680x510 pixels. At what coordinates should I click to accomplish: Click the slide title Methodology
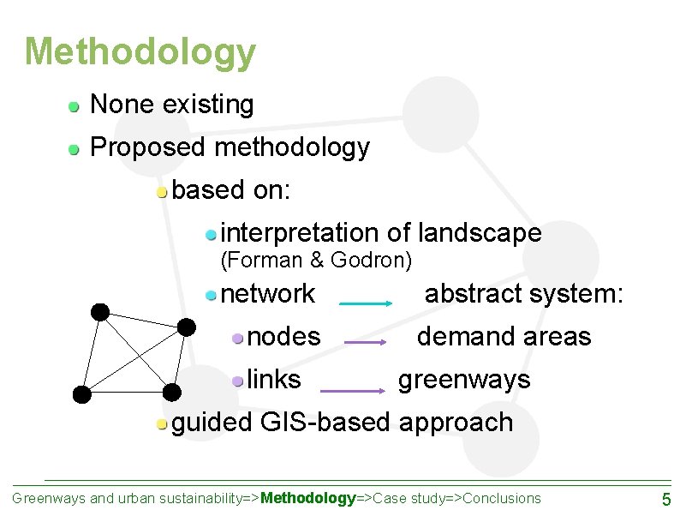click(140, 52)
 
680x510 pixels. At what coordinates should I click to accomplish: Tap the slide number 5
click(665, 499)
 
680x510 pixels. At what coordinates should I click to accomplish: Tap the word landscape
click(479, 232)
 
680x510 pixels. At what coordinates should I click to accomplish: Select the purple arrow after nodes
click(367, 343)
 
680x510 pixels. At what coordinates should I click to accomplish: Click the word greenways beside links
click(464, 379)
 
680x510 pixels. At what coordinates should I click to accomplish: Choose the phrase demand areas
click(504, 337)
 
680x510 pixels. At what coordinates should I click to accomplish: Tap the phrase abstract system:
click(524, 294)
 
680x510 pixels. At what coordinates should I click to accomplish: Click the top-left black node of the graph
click(100, 312)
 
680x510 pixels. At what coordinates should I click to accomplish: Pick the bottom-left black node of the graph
click(81, 393)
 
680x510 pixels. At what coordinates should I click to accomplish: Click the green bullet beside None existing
click(75, 106)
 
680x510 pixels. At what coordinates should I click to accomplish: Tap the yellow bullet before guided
click(162, 423)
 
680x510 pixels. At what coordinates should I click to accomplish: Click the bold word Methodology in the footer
click(308, 498)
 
